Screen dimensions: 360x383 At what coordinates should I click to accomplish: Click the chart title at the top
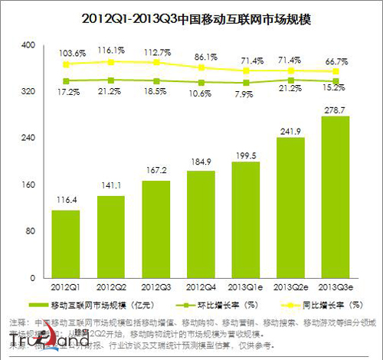[x=191, y=16]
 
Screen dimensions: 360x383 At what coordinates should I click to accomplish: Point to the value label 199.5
[x=244, y=155]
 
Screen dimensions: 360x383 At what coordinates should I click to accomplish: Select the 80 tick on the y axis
[x=29, y=231]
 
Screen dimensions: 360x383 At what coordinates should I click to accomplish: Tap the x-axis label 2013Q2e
[x=290, y=289]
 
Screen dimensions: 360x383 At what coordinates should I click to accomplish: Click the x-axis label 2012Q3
[x=155, y=289]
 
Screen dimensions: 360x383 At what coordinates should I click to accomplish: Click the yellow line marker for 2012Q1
[x=66, y=64]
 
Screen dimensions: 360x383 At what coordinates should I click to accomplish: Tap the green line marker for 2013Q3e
[x=334, y=80]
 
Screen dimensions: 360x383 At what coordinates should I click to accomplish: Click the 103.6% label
[x=67, y=52]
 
